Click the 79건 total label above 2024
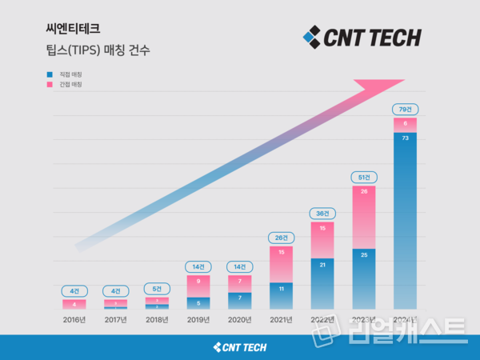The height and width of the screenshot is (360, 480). pos(404,109)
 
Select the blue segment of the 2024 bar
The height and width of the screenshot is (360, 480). pos(404,216)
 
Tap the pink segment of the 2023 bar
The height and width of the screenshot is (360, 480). pos(363,216)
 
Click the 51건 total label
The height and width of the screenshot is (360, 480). pos(363,176)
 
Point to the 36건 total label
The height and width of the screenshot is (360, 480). pos(322,213)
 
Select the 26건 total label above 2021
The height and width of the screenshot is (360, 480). pos(281,237)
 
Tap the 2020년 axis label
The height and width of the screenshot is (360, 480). pos(239,320)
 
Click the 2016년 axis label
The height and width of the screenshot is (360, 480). pos(74,320)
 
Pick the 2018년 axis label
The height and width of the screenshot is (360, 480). pos(157,320)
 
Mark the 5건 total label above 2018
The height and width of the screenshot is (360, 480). pos(157,288)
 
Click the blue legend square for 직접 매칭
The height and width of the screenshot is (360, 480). pos(50,74)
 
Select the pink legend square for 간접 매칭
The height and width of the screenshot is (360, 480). pos(50,84)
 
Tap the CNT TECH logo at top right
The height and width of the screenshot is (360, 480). pos(362,37)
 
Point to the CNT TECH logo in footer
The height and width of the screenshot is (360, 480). pos(240,346)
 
